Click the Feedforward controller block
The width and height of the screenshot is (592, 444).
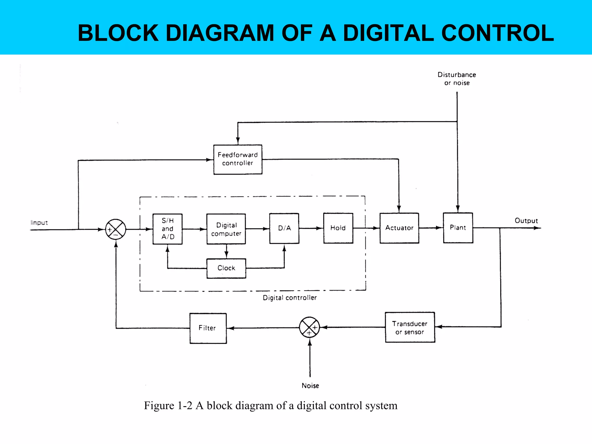[238, 159]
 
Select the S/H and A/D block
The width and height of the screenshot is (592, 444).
[167, 229]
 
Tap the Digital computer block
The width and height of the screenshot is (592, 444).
[226, 229]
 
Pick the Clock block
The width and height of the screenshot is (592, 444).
[226, 268]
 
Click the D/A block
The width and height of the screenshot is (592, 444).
[284, 228]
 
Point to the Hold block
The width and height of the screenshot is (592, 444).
[338, 228]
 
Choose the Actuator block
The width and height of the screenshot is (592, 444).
[399, 228]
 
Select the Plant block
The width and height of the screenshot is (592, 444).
[458, 228]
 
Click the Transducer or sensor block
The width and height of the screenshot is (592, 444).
[410, 328]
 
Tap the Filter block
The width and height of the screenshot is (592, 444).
[208, 328]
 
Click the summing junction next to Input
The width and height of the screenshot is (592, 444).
[116, 230]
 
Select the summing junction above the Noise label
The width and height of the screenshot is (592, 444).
[309, 328]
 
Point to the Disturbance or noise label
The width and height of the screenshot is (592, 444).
[457, 79]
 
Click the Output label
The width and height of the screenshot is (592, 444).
[526, 221]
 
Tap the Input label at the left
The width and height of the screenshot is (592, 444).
[39, 223]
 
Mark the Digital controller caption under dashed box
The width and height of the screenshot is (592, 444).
[290, 298]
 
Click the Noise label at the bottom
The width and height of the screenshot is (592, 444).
[310, 386]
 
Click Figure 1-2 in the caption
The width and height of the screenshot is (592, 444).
[168, 406]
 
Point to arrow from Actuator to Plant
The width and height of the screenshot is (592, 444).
[431, 228]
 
